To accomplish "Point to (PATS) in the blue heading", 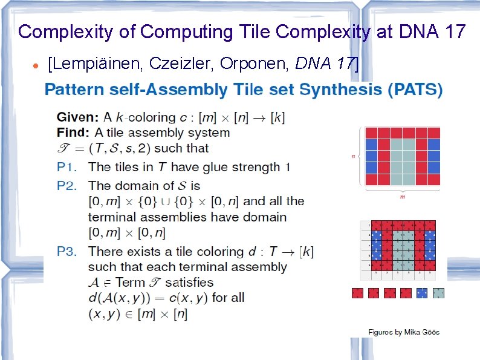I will pos(415,90).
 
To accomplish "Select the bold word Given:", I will pos(78,117).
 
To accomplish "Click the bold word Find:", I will pos(73,133).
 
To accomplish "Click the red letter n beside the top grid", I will pos(353,156).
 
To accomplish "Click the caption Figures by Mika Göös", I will pos(404,332).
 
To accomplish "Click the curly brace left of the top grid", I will pos(361,156).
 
